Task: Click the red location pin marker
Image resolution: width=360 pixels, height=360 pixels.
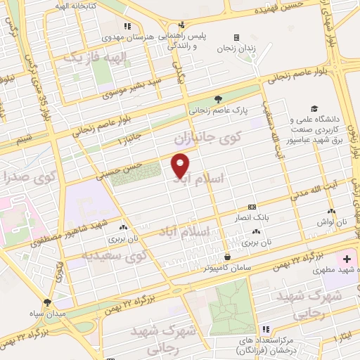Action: pos(181,165)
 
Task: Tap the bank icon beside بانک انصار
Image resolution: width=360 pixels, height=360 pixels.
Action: pos(252,207)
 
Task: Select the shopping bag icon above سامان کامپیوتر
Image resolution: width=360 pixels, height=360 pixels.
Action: pos(226,256)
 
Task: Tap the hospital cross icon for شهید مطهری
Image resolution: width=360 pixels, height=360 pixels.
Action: pos(347,259)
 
